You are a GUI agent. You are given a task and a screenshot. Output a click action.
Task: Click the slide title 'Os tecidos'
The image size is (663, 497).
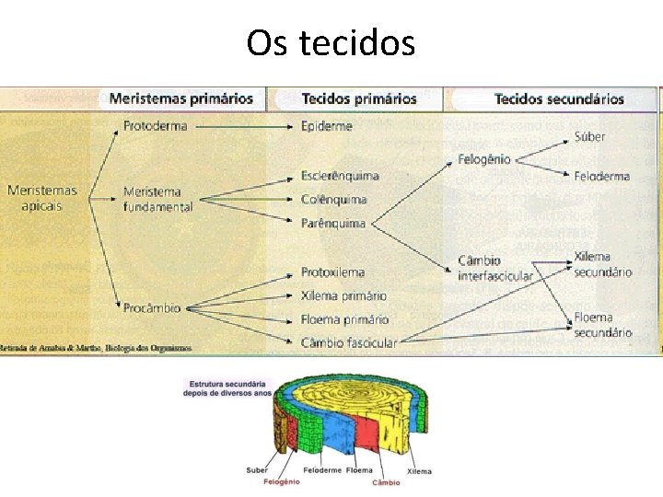pyautogui.click(x=331, y=42)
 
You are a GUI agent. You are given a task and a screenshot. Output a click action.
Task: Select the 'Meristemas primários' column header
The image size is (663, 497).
pyautogui.click(x=180, y=98)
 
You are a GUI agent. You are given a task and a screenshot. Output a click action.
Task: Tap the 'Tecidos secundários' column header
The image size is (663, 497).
pyautogui.click(x=559, y=98)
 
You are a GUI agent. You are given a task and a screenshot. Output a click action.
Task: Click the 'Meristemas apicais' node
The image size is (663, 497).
pyautogui.click(x=42, y=198)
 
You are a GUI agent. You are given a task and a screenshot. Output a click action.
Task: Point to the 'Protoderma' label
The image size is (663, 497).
pyautogui.click(x=155, y=126)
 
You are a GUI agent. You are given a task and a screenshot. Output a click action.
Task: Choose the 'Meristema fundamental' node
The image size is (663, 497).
pyautogui.click(x=157, y=200)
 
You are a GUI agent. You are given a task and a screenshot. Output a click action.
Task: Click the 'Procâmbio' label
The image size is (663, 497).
pyautogui.click(x=152, y=307)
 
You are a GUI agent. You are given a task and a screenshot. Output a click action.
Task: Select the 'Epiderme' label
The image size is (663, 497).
pyautogui.click(x=326, y=126)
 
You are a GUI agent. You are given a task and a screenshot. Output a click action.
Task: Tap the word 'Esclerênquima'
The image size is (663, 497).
pyautogui.click(x=340, y=175)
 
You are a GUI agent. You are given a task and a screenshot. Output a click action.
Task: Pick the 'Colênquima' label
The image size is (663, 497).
pyautogui.click(x=333, y=199)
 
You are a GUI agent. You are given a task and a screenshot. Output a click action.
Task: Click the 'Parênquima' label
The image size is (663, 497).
pyautogui.click(x=332, y=223)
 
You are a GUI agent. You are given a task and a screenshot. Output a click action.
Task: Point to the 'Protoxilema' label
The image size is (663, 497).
pyautogui.click(x=332, y=272)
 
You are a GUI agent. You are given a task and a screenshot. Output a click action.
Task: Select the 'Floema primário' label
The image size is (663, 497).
pyautogui.click(x=344, y=319)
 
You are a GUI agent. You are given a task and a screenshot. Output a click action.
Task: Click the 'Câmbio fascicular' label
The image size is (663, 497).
pyautogui.click(x=349, y=343)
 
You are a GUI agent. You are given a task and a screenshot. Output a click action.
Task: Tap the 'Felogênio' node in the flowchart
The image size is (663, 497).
pyautogui.click(x=483, y=159)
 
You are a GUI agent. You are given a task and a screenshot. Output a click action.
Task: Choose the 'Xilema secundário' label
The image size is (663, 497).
pyautogui.click(x=602, y=264)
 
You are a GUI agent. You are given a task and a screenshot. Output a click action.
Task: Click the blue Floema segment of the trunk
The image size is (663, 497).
pyautogui.click(x=331, y=429)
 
